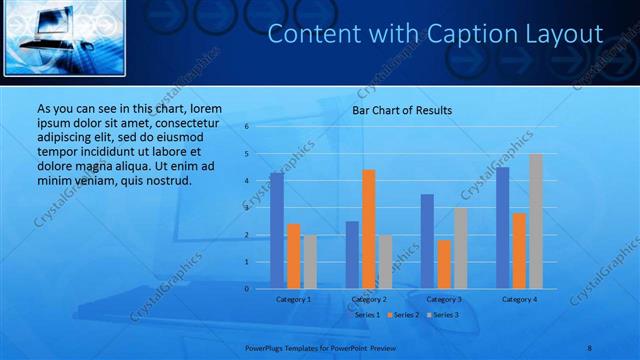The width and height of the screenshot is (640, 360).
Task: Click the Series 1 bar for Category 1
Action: click(x=277, y=231)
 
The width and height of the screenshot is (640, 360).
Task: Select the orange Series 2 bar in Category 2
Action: click(x=368, y=229)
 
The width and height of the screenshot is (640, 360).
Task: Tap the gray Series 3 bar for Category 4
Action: click(x=536, y=221)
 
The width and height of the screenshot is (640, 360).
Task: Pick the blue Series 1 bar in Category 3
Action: click(x=427, y=241)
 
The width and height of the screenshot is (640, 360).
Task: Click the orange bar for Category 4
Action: click(x=519, y=251)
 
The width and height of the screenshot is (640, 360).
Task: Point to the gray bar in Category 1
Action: click(x=310, y=262)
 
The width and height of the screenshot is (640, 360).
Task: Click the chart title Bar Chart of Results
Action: click(x=402, y=110)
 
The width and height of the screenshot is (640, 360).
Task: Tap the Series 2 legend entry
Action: click(x=403, y=315)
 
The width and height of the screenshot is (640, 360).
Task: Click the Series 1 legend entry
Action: click(x=364, y=315)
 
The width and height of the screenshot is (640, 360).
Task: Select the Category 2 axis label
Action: click(x=369, y=299)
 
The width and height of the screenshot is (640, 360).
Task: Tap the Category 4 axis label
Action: click(x=519, y=299)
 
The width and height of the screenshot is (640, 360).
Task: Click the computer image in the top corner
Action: click(x=63, y=38)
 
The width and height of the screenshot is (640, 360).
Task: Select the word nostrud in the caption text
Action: click(x=165, y=180)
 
